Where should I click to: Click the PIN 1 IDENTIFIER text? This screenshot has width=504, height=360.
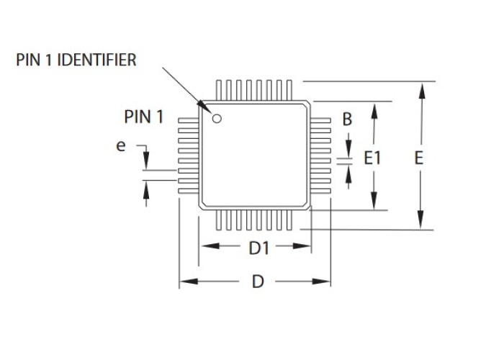click(x=76, y=60)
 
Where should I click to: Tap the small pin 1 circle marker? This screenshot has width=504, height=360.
click(x=217, y=119)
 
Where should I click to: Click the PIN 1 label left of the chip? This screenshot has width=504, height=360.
click(x=144, y=117)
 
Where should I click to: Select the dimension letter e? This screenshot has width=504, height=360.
click(x=120, y=146)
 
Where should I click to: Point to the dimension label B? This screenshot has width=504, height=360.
click(x=347, y=120)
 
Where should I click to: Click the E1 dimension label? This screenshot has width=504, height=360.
click(x=372, y=158)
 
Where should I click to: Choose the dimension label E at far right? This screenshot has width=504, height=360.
click(x=418, y=158)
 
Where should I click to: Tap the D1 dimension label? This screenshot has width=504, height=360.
click(x=258, y=248)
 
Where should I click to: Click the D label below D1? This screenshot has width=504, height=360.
click(x=258, y=282)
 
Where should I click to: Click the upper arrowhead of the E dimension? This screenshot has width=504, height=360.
click(x=422, y=90)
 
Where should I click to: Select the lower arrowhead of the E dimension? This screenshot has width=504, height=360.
click(x=420, y=220)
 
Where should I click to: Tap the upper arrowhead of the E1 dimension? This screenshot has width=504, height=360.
click(x=374, y=111)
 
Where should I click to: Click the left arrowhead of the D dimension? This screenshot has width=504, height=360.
click(x=189, y=282)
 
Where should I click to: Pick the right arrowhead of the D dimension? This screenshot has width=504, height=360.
click(x=321, y=282)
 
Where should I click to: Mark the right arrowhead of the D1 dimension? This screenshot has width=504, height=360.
click(x=302, y=246)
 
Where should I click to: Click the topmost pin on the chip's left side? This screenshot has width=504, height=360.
click(x=189, y=120)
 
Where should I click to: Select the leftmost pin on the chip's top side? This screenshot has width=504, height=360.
click(x=219, y=90)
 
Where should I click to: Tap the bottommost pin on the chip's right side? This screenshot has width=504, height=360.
click(x=320, y=191)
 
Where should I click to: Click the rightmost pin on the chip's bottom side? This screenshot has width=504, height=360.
click(x=289, y=220)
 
